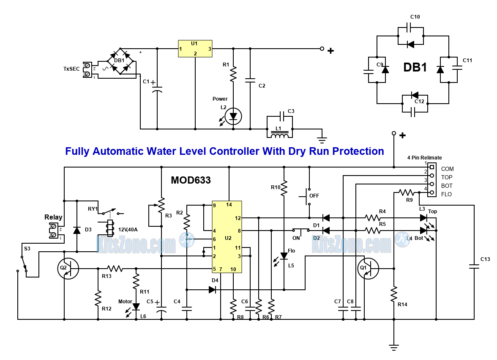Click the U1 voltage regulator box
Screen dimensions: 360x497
(195, 49)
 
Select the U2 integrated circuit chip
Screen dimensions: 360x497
(227, 237)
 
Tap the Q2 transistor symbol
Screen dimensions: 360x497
(68, 269)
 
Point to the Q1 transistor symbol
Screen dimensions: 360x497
(368, 269)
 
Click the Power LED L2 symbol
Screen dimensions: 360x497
(233, 116)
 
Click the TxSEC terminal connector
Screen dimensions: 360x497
(88, 70)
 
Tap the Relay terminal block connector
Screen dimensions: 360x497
(54, 231)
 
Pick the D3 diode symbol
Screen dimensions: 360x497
(76, 231)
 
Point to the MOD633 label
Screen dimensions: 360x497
(191, 180)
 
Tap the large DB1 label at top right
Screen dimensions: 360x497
(415, 68)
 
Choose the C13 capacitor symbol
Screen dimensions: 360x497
(474, 267)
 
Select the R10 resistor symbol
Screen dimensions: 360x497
(284, 187)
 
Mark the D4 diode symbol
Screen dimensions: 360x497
(212, 290)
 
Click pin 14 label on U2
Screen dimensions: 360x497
(229, 205)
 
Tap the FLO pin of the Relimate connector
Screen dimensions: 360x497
(431, 193)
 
